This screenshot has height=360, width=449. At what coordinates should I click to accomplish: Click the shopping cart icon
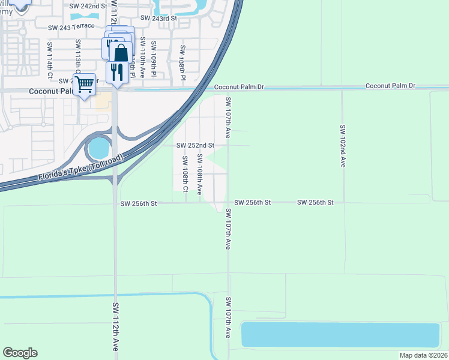click(x=85, y=84)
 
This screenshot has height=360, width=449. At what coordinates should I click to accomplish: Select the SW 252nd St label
click(x=195, y=145)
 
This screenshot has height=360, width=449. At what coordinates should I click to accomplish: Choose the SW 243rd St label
click(x=159, y=19)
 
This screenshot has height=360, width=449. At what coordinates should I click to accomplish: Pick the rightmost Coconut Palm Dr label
click(x=390, y=86)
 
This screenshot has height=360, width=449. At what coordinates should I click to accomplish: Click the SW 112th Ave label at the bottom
click(x=115, y=327)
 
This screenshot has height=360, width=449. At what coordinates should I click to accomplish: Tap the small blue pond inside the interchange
click(x=98, y=148)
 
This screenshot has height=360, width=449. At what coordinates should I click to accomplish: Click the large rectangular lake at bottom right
click(x=340, y=335)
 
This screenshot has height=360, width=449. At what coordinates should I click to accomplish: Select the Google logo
click(x=20, y=353)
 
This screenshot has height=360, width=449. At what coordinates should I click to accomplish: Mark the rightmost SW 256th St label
click(x=315, y=203)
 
